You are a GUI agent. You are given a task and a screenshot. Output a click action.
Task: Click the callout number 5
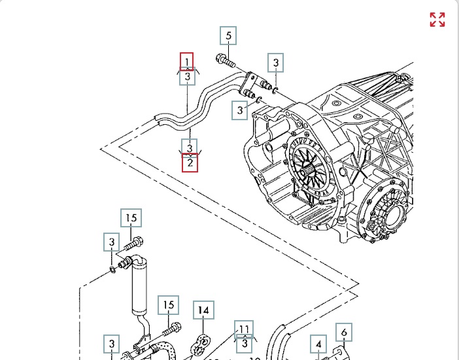click(228, 36)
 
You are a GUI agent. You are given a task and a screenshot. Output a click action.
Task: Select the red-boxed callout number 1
click(187, 62)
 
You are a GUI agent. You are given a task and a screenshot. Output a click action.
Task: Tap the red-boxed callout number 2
click(190, 162)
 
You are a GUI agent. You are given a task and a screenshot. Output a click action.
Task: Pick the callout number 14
click(203, 310)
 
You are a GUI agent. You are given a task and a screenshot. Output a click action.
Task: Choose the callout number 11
click(244, 329)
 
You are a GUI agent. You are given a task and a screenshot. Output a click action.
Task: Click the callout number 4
click(318, 344)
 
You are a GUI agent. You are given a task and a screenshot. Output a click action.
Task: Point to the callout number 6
click(344, 333)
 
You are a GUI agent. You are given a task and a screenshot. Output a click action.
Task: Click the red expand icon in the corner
click(437, 20)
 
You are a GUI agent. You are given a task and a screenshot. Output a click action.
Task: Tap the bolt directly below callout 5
click(226, 61)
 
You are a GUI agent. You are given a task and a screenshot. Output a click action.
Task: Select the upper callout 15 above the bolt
click(131, 218)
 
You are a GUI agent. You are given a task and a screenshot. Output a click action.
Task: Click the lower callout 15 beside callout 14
click(169, 305)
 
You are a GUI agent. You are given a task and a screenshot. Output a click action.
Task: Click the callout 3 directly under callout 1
click(188, 77)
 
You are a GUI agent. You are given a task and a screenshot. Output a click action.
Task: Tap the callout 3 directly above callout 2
click(190, 148)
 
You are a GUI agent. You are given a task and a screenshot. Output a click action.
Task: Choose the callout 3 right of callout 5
click(277, 63)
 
